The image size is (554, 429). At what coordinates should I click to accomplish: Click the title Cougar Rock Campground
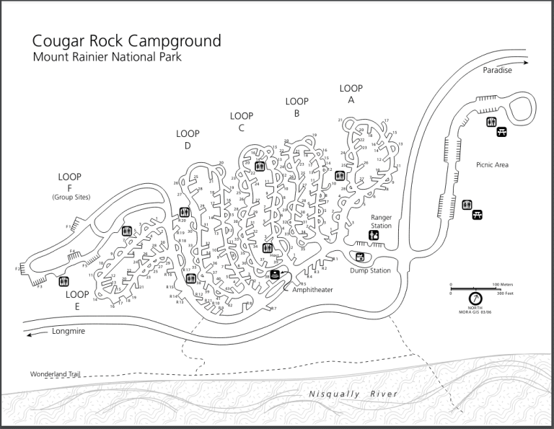pyautogui.click(x=126, y=40)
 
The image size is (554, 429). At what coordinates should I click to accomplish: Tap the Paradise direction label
pyautogui.click(x=498, y=71)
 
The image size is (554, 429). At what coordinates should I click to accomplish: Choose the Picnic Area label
pyautogui.click(x=493, y=164)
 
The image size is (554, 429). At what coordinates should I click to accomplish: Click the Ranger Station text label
pyautogui.click(x=381, y=221)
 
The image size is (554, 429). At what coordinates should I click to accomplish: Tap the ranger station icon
pyautogui.click(x=374, y=235)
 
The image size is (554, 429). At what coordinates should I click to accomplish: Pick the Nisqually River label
pyautogui.click(x=353, y=394)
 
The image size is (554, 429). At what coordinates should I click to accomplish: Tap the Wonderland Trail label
pyautogui.click(x=55, y=375)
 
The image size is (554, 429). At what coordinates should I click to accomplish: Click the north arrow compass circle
pyautogui.click(x=475, y=298)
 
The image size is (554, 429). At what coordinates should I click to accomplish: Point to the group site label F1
pyautogui.click(x=69, y=227)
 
